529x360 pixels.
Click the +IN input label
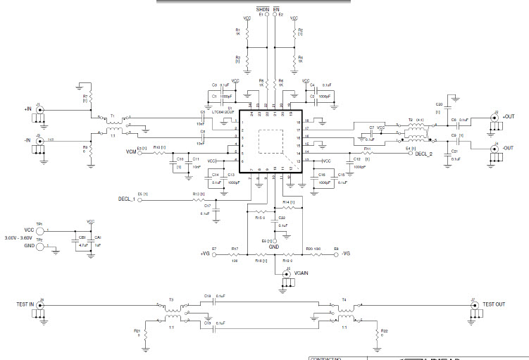(27, 109)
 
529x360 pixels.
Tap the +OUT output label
(510, 116)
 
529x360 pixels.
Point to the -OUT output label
(510, 147)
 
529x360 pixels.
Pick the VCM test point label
(131, 151)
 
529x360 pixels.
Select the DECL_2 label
(425, 153)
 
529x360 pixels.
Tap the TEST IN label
(26, 304)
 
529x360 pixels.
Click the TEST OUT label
(494, 304)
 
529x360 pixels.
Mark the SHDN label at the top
(261, 8)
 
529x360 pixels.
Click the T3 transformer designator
(170, 299)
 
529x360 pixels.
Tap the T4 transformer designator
(344, 299)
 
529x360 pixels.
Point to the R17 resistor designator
(235, 249)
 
